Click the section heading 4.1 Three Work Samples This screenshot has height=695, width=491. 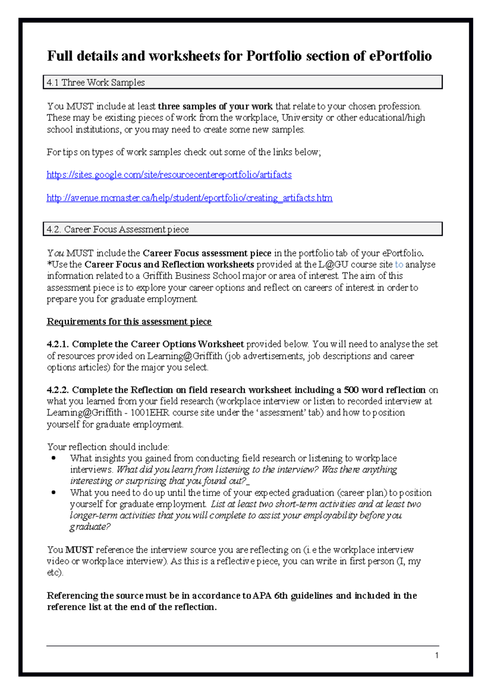point(96,82)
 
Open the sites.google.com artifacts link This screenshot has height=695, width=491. point(169,175)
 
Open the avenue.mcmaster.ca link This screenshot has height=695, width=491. point(189,198)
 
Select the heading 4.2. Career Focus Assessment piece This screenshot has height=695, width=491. point(118,229)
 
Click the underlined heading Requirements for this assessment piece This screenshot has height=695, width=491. point(129,322)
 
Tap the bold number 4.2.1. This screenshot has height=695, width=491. point(58,344)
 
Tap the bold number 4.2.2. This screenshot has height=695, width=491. point(58,390)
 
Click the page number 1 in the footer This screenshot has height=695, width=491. point(437,655)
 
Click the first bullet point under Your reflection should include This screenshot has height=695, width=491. point(54,458)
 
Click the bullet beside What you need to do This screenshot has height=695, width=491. point(54,493)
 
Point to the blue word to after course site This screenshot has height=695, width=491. point(399,265)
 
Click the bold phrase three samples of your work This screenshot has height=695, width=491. point(215,106)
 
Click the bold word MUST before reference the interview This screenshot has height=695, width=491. point(79,550)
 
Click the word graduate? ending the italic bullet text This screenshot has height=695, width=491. point(90,527)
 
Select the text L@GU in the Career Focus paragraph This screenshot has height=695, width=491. point(333,265)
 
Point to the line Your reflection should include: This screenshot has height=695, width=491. point(108,447)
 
